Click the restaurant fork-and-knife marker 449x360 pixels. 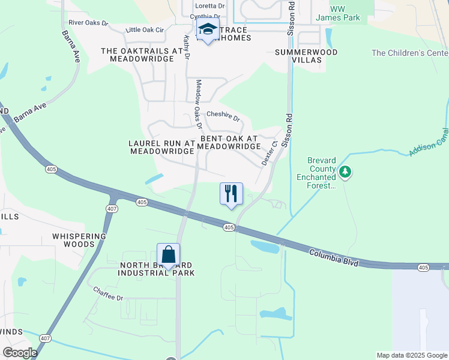(x=232, y=194)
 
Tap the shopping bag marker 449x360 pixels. (x=168, y=254)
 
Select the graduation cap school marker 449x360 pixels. (x=208, y=29)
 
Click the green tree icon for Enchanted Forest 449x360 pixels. (x=345, y=173)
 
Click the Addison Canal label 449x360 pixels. (x=429, y=142)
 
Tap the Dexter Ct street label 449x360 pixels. (x=268, y=154)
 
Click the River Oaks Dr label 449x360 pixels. (x=88, y=23)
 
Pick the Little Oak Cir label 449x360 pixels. (x=145, y=29)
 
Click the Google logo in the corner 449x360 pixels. (x=20, y=352)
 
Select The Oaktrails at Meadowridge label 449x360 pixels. (x=142, y=55)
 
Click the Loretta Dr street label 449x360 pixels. (x=209, y=5)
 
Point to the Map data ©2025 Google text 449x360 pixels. (x=411, y=355)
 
